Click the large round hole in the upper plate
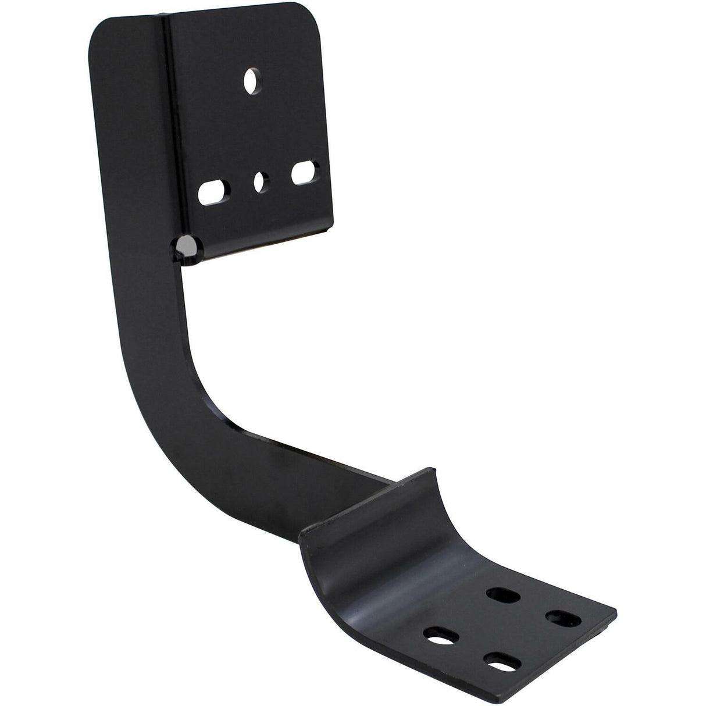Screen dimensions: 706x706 252,81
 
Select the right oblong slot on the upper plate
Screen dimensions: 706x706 302,174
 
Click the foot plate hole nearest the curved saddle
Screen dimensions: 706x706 498,594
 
